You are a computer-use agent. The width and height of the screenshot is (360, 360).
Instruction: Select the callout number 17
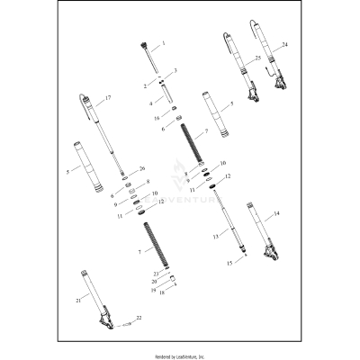tap(108, 98)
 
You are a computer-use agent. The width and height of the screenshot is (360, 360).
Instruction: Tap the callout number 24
tap(285, 43)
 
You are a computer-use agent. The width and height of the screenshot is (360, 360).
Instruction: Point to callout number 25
tap(257, 58)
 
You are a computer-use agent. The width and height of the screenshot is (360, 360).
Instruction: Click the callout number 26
tap(140, 168)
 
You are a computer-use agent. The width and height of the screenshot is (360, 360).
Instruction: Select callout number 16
tap(156, 117)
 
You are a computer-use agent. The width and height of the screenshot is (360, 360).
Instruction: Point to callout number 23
tap(155, 273)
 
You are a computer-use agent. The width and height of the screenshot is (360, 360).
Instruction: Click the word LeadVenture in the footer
tap(193, 353)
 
